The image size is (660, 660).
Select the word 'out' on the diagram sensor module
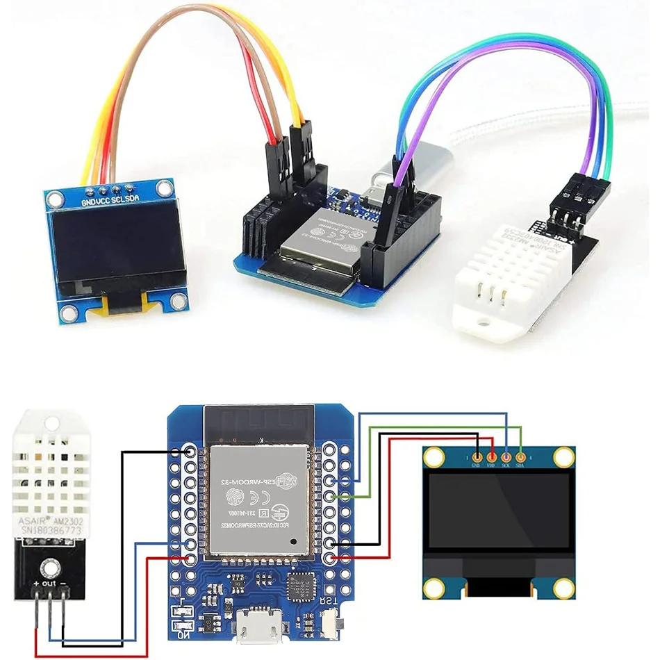point(48,584)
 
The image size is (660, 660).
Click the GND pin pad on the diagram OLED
point(477,457)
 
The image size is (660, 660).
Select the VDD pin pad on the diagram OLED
point(492,457)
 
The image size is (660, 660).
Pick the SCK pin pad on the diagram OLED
point(506,457)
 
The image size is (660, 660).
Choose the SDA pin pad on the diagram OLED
point(521,457)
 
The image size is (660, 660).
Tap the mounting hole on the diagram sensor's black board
point(49,567)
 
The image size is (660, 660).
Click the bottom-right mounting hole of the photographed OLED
point(180,300)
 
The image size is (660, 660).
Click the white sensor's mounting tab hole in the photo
point(479,321)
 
